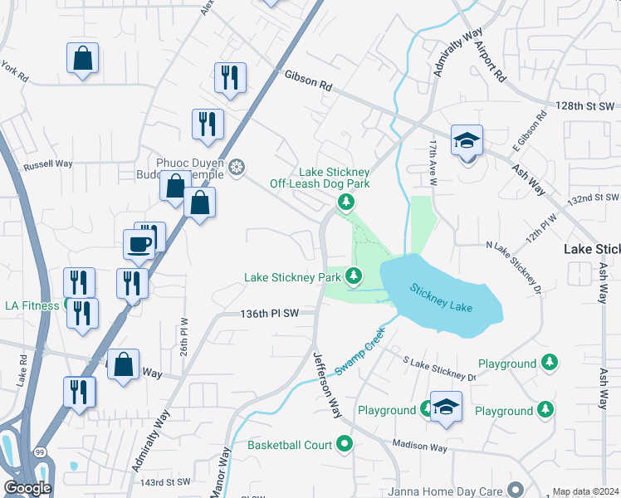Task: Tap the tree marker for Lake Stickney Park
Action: point(355,275)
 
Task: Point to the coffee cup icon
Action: point(139,244)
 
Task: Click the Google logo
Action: point(27,487)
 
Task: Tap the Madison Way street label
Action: point(420,447)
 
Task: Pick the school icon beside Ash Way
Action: point(467,139)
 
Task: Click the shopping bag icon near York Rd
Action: point(82,58)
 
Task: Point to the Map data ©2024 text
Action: point(586,491)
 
